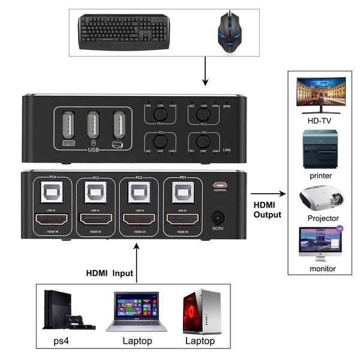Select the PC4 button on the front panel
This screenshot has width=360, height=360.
(x=160, y=113)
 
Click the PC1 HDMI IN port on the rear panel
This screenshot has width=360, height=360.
(x=181, y=220)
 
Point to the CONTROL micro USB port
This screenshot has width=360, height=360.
(x=220, y=184)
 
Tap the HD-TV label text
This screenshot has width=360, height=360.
(x=319, y=120)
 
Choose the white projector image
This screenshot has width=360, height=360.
(x=322, y=198)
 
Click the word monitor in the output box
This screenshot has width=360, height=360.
(x=323, y=268)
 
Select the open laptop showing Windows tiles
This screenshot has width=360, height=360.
(x=136, y=312)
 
